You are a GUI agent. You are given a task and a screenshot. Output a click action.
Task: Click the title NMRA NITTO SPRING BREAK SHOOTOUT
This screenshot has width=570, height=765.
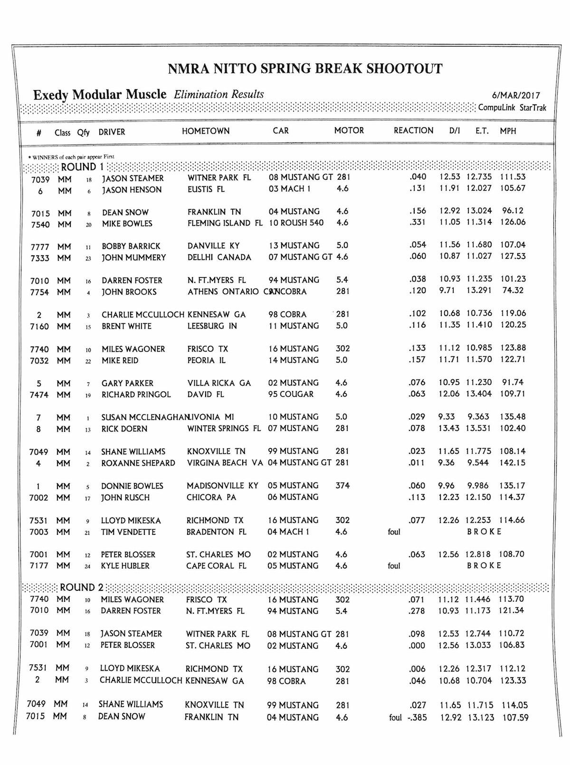point(305,69)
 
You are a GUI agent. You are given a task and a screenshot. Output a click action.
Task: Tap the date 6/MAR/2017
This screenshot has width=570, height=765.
point(516,96)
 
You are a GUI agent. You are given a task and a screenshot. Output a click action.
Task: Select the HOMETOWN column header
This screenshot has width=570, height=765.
point(206,131)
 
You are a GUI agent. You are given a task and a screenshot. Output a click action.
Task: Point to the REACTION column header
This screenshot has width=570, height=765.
point(413,131)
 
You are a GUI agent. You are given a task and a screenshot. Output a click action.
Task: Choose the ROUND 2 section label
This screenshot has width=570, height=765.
point(81,588)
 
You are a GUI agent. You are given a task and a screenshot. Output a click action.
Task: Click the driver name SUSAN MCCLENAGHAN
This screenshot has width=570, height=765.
point(144,418)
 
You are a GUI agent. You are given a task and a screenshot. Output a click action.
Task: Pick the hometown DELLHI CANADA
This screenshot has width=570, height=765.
point(219,257)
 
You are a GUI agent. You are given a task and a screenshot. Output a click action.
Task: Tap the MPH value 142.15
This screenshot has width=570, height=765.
point(512,463)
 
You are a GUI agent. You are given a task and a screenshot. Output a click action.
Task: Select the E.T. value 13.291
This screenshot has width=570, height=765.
point(478,290)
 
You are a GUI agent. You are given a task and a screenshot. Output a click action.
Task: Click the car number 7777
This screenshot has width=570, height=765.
point(39,246)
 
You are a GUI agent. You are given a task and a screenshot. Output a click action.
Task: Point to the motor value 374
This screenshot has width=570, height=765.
point(342,485)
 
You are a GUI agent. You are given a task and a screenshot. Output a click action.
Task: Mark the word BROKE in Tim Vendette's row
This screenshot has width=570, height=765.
point(484,532)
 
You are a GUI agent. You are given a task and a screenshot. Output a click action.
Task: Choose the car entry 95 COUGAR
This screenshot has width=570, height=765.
point(291,394)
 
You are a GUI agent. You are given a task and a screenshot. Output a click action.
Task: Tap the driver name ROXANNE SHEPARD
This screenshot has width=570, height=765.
point(138,463)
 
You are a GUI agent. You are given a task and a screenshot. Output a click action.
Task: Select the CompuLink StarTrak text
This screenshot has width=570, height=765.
point(512,108)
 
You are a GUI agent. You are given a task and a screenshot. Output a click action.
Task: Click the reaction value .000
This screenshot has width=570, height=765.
point(418,645)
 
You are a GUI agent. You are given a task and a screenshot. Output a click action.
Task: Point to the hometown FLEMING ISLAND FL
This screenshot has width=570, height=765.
point(225,223)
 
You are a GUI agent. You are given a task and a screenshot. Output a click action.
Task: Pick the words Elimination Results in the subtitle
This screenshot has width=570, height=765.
point(219,94)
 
